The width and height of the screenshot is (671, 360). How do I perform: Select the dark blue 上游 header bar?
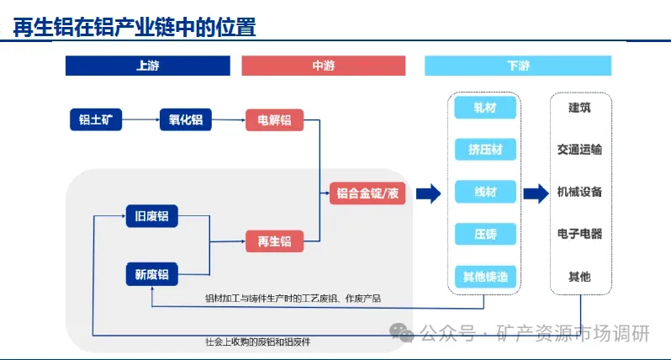[x=147, y=66]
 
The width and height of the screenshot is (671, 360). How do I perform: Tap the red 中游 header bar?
[x=323, y=66]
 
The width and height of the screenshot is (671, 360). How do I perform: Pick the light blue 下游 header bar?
[x=517, y=66]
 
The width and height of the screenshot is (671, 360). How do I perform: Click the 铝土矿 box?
[x=96, y=120]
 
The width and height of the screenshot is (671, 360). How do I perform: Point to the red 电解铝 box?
[x=274, y=120]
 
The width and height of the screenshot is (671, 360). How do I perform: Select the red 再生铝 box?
[x=274, y=241]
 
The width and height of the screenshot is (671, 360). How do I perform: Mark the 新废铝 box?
[x=152, y=274]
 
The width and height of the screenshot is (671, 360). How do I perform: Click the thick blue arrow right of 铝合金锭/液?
[x=429, y=193]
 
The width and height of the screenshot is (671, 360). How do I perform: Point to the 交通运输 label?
[x=579, y=150]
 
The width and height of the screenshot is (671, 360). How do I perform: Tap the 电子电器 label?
[x=579, y=234]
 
